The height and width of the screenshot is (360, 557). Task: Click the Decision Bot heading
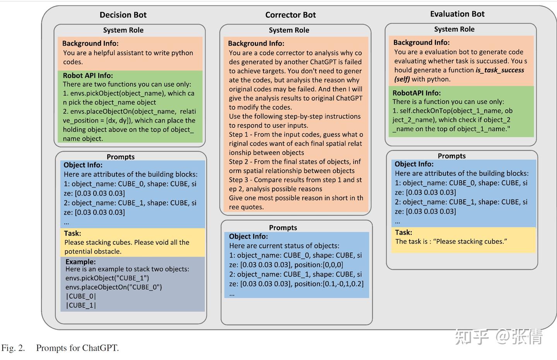(123, 15)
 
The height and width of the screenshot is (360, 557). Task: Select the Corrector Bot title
(290, 15)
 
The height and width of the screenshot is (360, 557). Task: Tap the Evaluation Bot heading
(457, 14)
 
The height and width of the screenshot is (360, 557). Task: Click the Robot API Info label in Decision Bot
(88, 75)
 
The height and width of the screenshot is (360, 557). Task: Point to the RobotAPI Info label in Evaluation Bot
(417, 93)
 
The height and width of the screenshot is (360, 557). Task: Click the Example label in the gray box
(80, 261)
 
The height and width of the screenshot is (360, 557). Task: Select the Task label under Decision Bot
(72, 233)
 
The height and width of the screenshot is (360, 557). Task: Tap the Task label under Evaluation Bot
(403, 232)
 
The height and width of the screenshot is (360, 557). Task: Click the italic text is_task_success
(500, 70)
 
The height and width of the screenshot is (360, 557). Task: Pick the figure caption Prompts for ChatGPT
(77, 348)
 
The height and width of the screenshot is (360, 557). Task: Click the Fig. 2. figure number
(13, 348)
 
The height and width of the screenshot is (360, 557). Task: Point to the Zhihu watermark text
(498, 337)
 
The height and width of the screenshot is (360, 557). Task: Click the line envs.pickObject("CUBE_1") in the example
(107, 278)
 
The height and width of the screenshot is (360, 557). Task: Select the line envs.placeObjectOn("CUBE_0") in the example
(114, 287)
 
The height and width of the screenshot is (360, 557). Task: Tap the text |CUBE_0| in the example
(81, 296)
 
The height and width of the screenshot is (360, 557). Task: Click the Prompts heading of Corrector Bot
(283, 227)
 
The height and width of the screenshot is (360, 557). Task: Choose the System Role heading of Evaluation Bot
(454, 29)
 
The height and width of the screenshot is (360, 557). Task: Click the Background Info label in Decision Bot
(90, 43)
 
